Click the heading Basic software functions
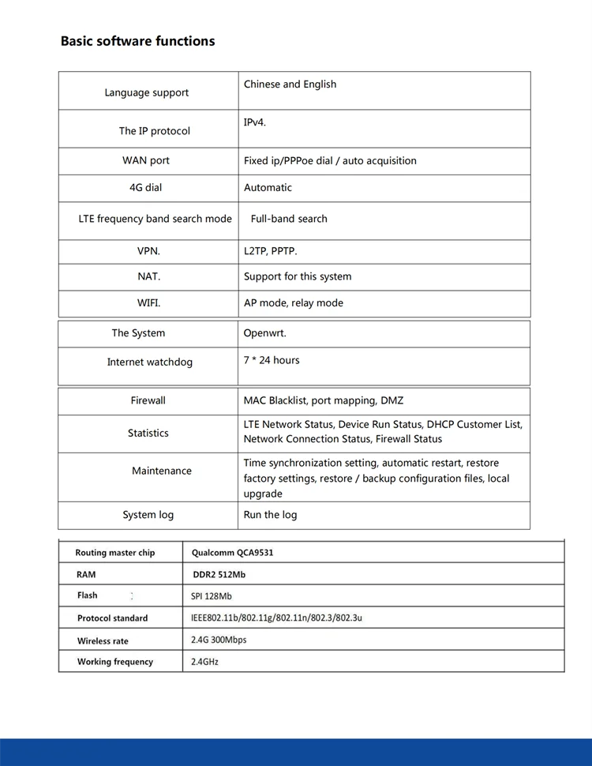[x=137, y=41]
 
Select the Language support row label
[x=147, y=92]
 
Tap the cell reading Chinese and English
[x=290, y=84]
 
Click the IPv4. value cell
[x=255, y=122]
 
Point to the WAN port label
[x=146, y=160]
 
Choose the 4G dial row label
[x=145, y=187]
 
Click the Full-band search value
[x=289, y=219]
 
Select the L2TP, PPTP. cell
[x=271, y=251]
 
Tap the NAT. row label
[x=149, y=276]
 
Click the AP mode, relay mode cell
[x=294, y=302]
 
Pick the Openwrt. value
[x=265, y=333]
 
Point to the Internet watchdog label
[x=150, y=362]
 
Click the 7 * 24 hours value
[x=272, y=360]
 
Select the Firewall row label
[x=148, y=400]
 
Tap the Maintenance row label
[x=162, y=471]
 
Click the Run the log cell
[x=271, y=515]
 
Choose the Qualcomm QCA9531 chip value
[x=233, y=553]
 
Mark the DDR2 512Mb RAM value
[x=219, y=575]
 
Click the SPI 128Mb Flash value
[x=212, y=596]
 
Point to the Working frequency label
[x=115, y=662]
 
